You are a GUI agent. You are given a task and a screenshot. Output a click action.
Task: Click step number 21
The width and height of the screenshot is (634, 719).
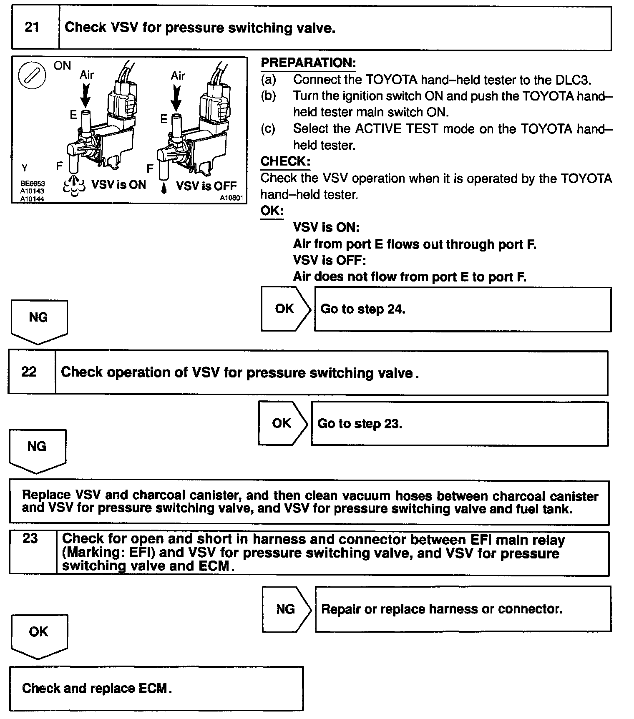tap(32, 28)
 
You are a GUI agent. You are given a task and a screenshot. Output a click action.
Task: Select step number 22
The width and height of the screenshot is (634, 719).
tap(29, 372)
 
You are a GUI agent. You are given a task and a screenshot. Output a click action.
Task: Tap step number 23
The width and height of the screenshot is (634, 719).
tap(30, 538)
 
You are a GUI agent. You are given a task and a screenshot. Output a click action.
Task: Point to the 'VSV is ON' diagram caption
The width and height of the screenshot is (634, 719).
tap(119, 185)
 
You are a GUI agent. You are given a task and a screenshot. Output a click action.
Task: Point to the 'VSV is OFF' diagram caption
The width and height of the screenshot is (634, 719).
tap(206, 186)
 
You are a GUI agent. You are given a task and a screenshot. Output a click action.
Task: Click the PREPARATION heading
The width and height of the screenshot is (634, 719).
tap(308, 63)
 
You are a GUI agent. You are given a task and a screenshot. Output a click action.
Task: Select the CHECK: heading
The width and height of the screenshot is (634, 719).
tap(285, 161)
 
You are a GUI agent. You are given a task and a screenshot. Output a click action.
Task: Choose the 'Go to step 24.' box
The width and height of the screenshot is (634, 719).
tap(462, 309)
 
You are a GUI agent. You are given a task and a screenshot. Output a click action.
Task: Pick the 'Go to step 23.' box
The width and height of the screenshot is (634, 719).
tap(459, 424)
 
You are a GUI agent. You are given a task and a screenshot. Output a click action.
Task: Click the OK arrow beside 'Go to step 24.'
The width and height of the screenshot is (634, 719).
tap(286, 309)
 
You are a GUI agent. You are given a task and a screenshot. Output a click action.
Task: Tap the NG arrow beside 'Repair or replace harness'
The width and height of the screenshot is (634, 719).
tap(287, 609)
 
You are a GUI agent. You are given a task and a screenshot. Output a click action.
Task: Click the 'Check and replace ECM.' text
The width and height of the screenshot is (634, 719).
tap(97, 688)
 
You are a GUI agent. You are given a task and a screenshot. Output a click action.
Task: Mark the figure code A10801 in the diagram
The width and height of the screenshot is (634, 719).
tap(231, 198)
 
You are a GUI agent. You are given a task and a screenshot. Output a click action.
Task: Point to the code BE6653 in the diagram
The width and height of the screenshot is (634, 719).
tap(33, 184)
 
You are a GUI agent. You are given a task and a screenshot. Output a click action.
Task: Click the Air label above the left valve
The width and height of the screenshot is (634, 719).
tap(87, 75)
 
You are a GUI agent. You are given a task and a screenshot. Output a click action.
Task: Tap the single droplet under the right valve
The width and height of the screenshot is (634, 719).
tap(164, 189)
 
